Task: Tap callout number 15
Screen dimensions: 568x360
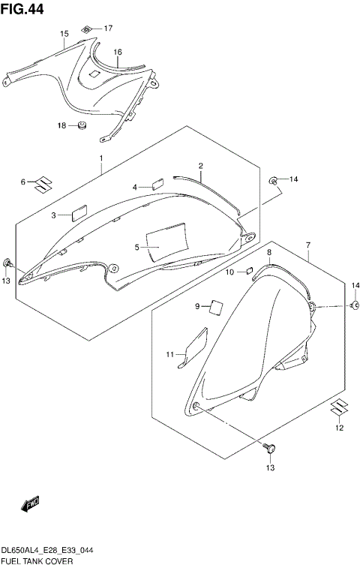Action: pyautogui.click(x=64, y=35)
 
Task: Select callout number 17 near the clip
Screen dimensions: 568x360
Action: pyautogui.click(x=108, y=29)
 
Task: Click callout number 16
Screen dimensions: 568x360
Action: pyautogui.click(x=118, y=52)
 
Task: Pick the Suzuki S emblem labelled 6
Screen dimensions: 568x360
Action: pyautogui.click(x=46, y=182)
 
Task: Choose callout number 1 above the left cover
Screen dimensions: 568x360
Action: pyautogui.click(x=100, y=159)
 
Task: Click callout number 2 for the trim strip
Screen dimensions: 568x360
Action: pyautogui.click(x=201, y=166)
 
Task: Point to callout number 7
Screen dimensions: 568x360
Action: pyautogui.click(x=307, y=245)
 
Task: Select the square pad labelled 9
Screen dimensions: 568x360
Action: pyautogui.click(x=217, y=305)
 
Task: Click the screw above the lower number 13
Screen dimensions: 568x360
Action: pyautogui.click(x=269, y=449)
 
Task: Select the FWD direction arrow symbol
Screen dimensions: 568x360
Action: pyautogui.click(x=30, y=506)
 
